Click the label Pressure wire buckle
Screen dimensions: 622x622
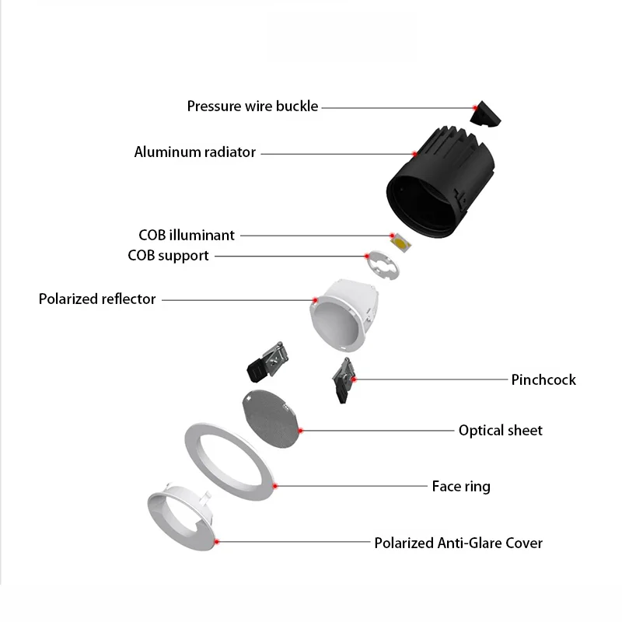(253, 106)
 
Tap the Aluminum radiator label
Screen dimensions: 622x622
(194, 152)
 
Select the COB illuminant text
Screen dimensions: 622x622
(187, 235)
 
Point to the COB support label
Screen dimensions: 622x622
(168, 255)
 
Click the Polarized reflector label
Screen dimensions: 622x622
(97, 299)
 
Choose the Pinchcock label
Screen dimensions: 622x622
(543, 379)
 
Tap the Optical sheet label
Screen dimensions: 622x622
(500, 430)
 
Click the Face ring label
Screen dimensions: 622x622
(461, 487)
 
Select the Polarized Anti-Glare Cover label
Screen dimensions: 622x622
(458, 543)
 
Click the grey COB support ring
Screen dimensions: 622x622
(382, 266)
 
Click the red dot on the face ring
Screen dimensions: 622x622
(275, 486)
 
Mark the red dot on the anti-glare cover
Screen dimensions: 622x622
(217, 541)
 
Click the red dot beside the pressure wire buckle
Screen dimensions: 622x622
(474, 107)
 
